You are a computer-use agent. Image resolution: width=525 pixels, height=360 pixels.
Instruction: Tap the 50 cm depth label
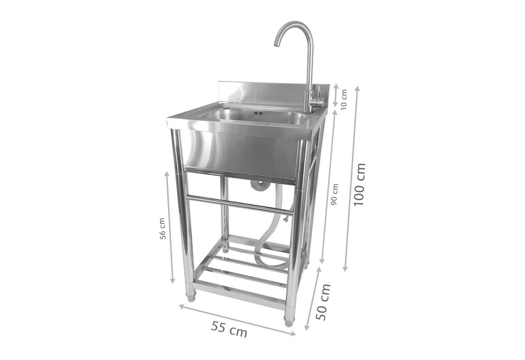pos(323,302)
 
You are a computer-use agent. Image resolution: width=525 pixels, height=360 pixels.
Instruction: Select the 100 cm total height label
pos(359,185)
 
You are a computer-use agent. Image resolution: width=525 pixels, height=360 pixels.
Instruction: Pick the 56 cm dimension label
pos(162,228)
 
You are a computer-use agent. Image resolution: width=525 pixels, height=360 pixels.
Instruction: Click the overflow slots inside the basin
pos(258,114)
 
